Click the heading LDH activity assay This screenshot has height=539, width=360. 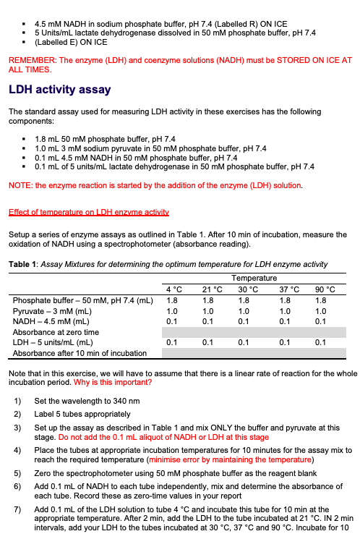pyautogui.click(x=59, y=90)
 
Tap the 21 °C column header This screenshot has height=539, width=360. pyautogui.click(x=208, y=290)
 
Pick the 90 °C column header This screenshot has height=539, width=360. pyautogui.click(x=321, y=290)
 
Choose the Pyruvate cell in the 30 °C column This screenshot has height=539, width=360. pyautogui.click(x=245, y=311)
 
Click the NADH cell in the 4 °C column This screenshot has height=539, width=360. pyautogui.click(x=172, y=321)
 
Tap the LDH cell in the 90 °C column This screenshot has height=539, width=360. pyautogui.click(x=321, y=342)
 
